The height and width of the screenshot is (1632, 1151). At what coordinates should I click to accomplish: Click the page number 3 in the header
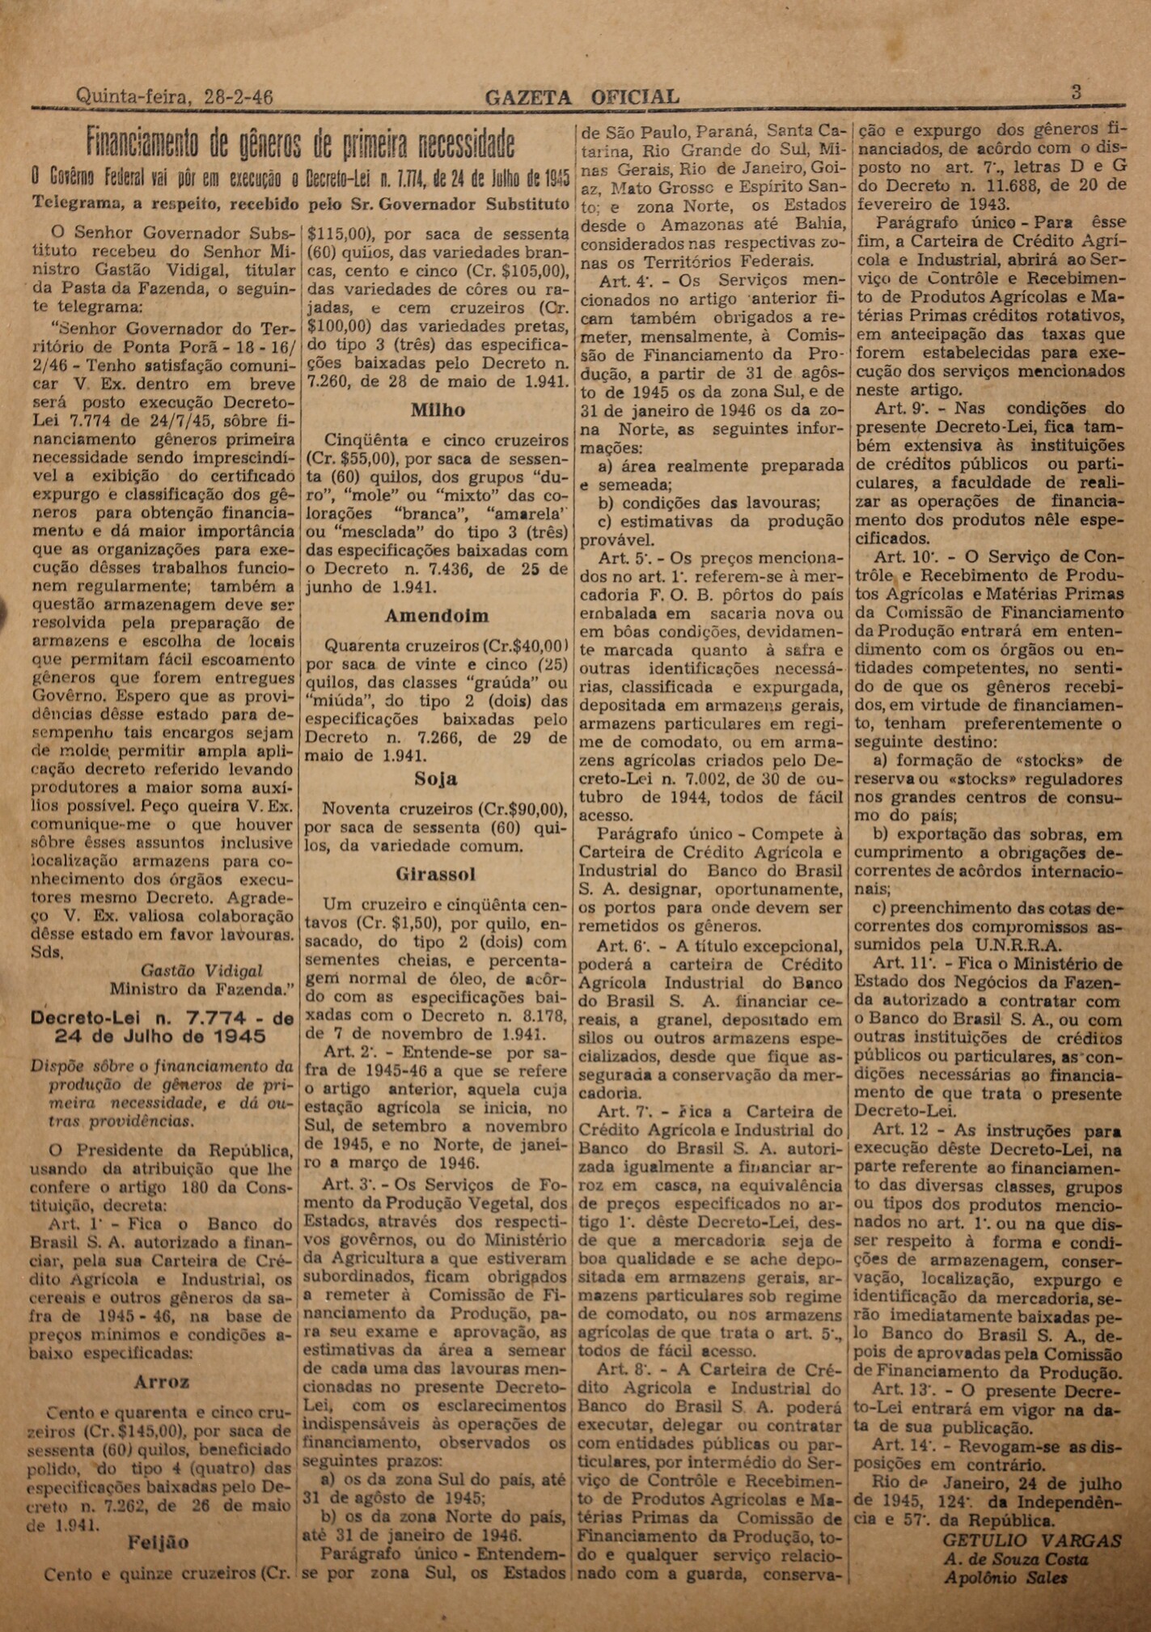click(x=1076, y=92)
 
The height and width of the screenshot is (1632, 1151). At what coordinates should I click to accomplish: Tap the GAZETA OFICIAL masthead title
click(x=582, y=97)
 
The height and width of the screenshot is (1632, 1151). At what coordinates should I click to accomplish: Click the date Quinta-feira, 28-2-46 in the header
click(x=174, y=97)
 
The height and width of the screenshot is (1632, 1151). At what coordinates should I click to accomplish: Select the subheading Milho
click(x=438, y=410)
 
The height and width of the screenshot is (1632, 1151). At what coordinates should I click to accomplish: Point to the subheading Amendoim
click(x=437, y=616)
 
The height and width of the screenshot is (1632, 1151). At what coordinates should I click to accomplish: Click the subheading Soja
click(x=436, y=778)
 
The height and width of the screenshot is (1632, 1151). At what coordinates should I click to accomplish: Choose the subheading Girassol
click(x=436, y=875)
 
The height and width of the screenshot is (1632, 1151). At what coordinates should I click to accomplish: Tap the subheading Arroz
click(x=163, y=1381)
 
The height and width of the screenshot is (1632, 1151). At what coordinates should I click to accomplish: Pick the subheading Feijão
click(x=159, y=1542)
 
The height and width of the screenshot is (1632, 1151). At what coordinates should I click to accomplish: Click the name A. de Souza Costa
click(x=1015, y=1558)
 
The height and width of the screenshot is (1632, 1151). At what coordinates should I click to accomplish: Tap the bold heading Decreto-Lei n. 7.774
click(x=162, y=1027)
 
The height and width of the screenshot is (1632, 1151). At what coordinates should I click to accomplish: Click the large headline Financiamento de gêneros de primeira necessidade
click(x=300, y=144)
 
